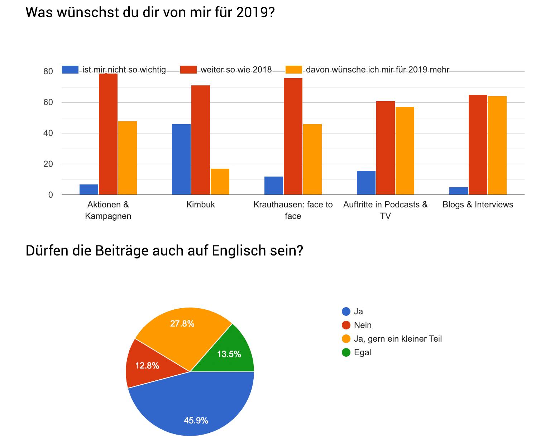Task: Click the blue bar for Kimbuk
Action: coord(181,159)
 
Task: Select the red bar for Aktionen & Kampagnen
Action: coord(108,134)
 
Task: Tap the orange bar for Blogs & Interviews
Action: coord(497,145)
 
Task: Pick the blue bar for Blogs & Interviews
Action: coord(459,191)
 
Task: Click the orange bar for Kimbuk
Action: coord(220,182)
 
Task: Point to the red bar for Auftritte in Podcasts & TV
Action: coord(386,148)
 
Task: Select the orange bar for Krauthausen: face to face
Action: coord(312,159)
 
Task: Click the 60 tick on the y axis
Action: coord(48,102)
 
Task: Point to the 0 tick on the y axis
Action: coord(51,195)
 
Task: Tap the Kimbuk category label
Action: coord(200,205)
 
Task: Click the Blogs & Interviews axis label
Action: coord(478,205)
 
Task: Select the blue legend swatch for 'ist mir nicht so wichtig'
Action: coord(70,70)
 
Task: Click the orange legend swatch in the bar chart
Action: coord(293,70)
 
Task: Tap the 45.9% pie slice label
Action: coord(196,420)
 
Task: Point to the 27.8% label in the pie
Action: coord(182,323)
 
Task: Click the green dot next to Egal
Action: coord(346,352)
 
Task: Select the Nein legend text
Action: coord(363,325)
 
